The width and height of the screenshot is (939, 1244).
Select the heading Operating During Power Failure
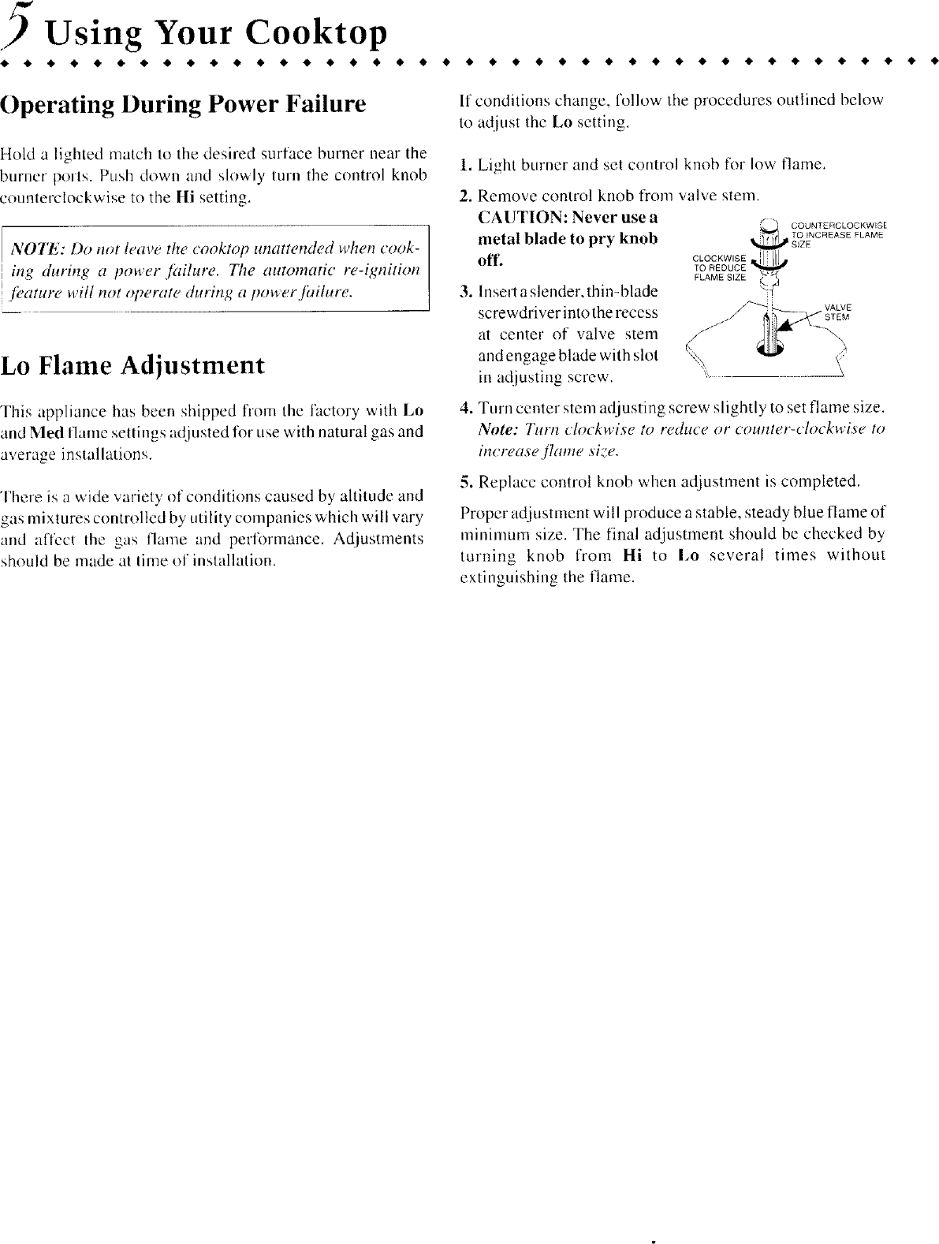[x=184, y=105]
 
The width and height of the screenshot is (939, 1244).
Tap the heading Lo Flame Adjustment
[x=132, y=366]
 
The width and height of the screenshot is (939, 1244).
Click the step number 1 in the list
[x=465, y=166]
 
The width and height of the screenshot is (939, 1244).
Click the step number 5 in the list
[x=465, y=480]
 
